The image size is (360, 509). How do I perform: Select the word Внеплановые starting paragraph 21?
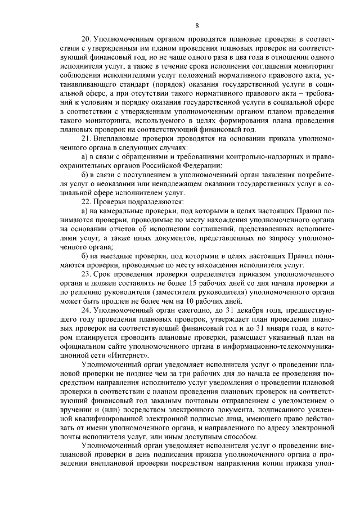[118, 138]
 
